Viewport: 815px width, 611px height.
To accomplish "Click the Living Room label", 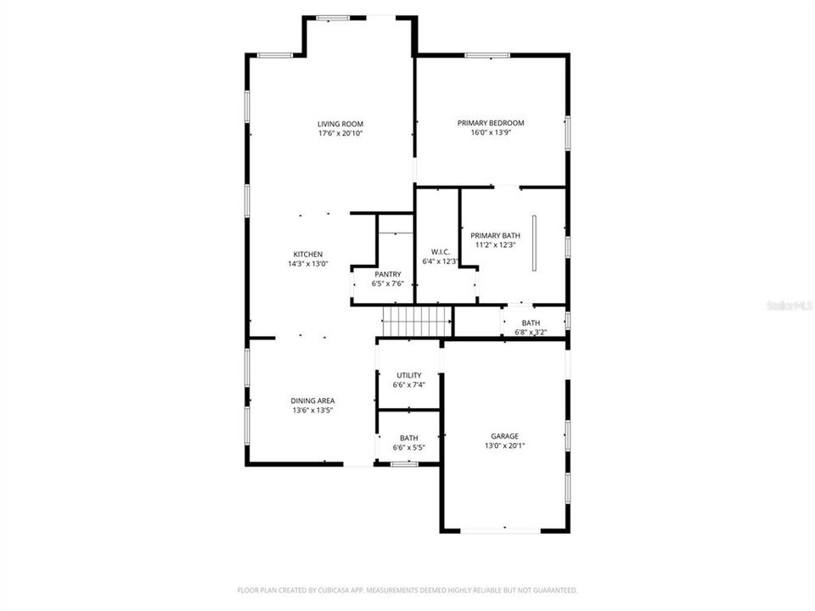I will (340, 124).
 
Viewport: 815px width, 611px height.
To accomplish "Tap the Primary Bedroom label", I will (491, 123).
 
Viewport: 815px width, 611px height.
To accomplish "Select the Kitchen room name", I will (307, 255).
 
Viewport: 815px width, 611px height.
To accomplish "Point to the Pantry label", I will (387, 274).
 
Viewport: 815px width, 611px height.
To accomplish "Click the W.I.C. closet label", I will (440, 251).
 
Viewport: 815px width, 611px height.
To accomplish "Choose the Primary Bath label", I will (496, 236).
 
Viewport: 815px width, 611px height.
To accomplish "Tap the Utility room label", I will (409, 375).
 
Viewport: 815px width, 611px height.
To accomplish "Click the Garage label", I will (504, 436).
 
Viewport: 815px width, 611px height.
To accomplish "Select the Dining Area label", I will (313, 401).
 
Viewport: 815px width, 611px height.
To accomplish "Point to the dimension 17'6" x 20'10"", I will (340, 133).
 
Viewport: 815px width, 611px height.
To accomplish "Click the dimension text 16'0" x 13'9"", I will (491, 132).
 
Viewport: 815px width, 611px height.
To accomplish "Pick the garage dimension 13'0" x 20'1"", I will (504, 446).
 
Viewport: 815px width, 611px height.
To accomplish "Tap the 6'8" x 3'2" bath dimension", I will (531, 333).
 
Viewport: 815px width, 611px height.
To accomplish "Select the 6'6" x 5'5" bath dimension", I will (408, 447).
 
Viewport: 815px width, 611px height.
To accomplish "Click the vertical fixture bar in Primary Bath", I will (534, 243).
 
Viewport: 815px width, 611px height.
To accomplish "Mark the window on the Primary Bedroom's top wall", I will (488, 56).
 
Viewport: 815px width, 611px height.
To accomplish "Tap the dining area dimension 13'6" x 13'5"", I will (313, 410).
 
